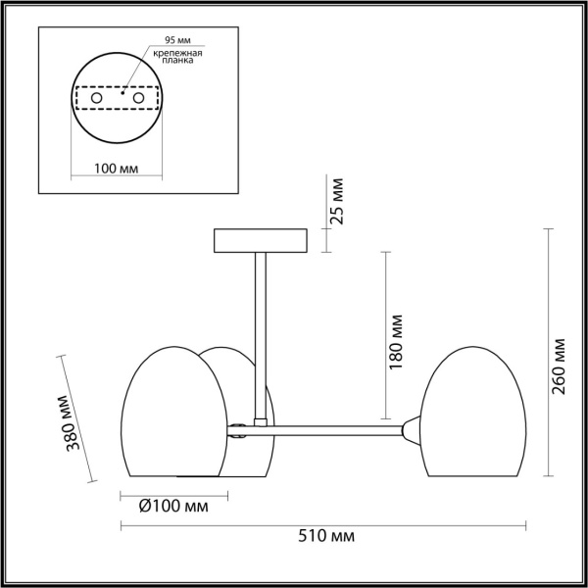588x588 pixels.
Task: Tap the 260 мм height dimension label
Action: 559,365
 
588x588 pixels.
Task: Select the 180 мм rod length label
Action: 396,340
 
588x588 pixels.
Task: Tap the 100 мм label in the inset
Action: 116,169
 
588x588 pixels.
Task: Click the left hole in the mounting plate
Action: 96,99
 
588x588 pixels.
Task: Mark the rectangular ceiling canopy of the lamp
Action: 260,240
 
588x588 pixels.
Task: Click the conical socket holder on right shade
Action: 414,427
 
